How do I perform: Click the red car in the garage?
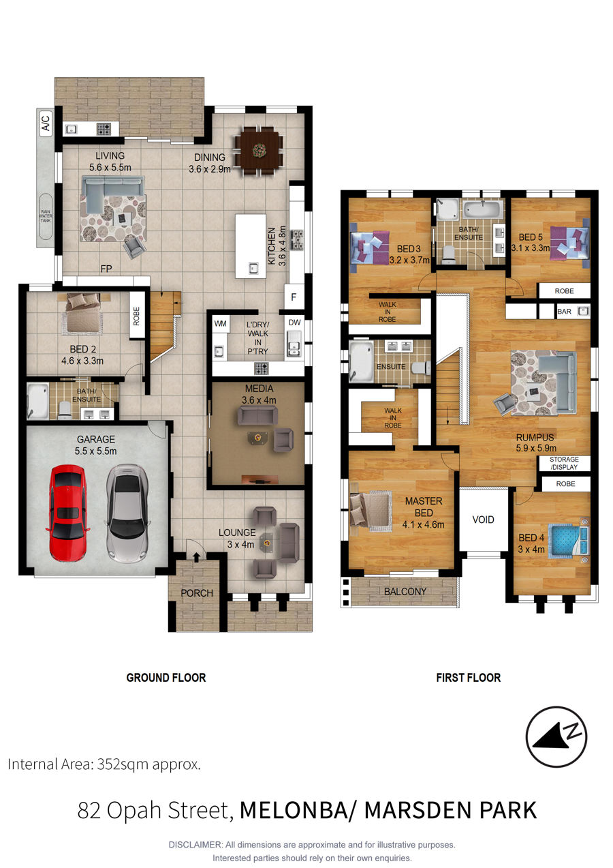67,513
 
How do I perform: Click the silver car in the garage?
127,513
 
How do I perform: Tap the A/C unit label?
46,123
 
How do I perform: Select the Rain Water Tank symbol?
46,216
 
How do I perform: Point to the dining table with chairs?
258,149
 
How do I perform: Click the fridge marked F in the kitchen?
294,297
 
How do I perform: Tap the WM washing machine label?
220,323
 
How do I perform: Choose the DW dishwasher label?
294,323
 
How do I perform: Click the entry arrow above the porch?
197,557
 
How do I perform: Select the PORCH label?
197,593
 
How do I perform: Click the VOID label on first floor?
483,520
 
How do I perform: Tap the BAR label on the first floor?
564,312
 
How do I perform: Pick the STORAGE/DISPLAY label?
564,463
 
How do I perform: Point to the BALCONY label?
405,591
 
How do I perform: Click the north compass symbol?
556,736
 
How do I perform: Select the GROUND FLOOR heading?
166,677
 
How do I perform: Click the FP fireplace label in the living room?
106,269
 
